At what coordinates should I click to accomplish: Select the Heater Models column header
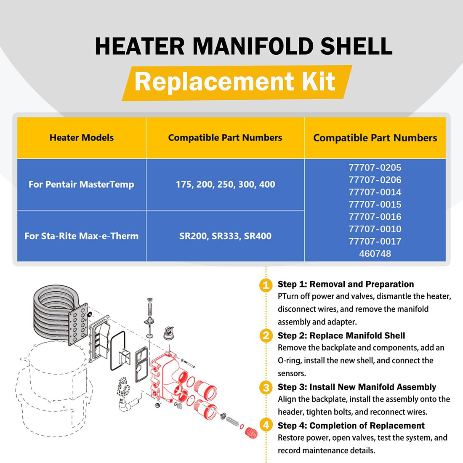[x=82, y=138]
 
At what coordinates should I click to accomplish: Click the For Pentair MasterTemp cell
[x=81, y=184]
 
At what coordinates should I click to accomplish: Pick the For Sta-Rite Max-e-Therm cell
[x=81, y=236]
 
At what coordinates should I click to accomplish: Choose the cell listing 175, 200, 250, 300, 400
[x=225, y=184]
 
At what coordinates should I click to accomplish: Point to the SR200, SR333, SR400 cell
[x=225, y=236]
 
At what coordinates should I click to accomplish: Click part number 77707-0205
[x=375, y=168]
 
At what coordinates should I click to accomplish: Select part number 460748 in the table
[x=375, y=254]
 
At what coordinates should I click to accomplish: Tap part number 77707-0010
[x=375, y=229]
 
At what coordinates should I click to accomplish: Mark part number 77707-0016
[x=375, y=217]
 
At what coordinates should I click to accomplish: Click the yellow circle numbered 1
[x=266, y=285]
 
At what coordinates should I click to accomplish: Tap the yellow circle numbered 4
[x=266, y=425]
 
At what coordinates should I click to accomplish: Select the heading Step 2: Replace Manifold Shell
[x=341, y=335]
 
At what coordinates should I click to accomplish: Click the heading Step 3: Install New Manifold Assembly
[x=357, y=387]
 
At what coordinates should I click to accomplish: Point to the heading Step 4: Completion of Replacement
[x=351, y=426]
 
